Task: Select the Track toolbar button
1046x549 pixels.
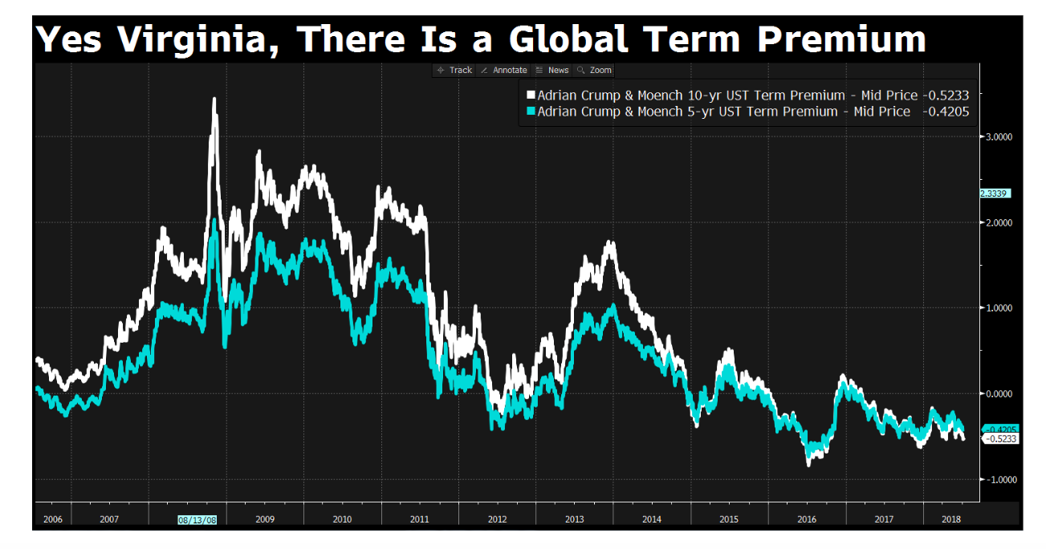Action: [454, 71]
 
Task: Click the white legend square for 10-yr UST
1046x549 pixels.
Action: [530, 96]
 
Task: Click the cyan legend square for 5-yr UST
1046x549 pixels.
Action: [530, 112]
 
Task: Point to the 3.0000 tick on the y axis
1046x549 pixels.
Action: [998, 136]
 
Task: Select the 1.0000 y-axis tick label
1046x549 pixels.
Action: [998, 308]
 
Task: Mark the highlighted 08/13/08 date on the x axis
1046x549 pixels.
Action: [197, 519]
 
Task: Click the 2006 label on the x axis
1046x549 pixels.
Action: [52, 519]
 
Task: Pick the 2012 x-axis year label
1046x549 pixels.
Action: [498, 519]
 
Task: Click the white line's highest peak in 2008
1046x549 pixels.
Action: [214, 100]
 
